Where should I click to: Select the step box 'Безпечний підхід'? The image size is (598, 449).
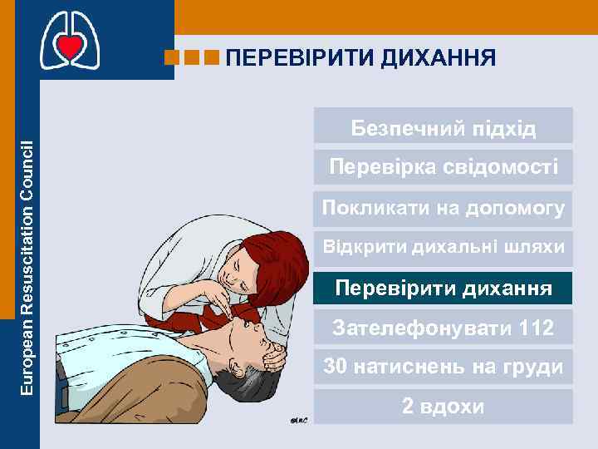(444, 129)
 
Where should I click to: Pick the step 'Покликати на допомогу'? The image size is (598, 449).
(444, 207)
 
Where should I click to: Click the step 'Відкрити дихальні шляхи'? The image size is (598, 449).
(444, 247)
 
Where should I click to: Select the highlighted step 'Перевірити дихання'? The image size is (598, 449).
(444, 289)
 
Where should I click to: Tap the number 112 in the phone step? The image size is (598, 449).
(533, 328)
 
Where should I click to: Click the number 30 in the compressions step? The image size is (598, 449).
(336, 367)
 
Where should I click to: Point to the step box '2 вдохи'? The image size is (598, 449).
(444, 407)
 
